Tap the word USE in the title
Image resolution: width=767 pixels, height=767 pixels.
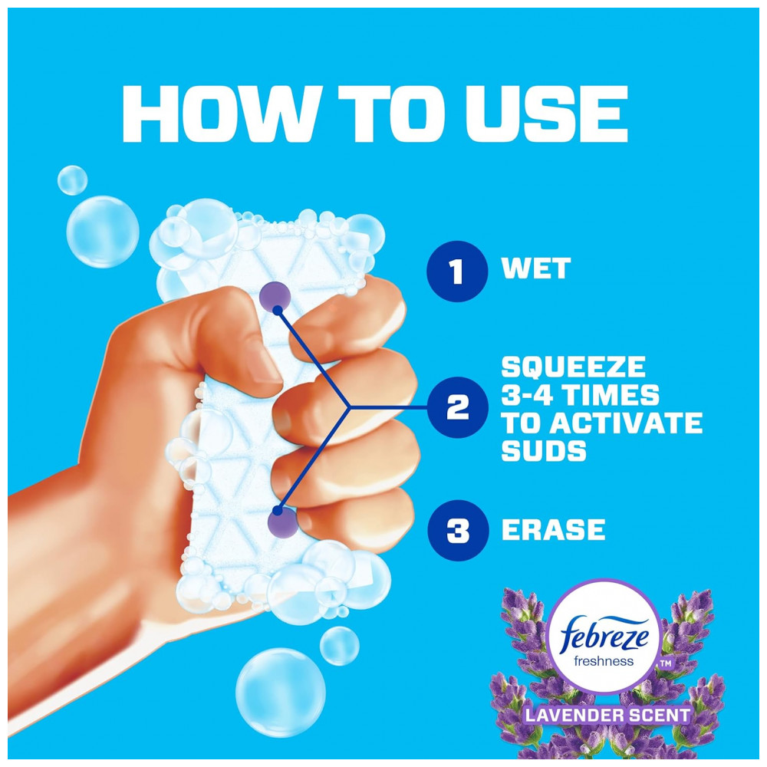(546, 114)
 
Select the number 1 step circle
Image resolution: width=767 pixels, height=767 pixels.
(457, 271)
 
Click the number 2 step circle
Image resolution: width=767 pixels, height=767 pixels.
(457, 407)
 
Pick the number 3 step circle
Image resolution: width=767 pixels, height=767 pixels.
(458, 530)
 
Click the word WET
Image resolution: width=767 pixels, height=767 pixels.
(536, 268)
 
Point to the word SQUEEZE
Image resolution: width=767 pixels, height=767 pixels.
(573, 367)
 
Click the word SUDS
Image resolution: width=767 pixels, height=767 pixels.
(544, 451)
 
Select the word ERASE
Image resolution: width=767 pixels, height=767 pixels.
(553, 529)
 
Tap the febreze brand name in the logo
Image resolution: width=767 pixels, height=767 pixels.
(604, 634)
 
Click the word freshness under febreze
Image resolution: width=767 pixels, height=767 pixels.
(604, 661)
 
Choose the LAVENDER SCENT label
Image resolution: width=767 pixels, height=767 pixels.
(607, 715)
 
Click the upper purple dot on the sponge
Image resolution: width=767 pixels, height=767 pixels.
(275, 297)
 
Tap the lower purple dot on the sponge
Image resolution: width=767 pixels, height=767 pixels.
(283, 522)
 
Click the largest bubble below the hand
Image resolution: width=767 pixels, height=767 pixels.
(280, 692)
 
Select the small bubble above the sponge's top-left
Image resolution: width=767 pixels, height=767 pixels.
(72, 180)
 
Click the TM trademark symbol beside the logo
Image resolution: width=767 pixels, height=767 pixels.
(666, 663)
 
